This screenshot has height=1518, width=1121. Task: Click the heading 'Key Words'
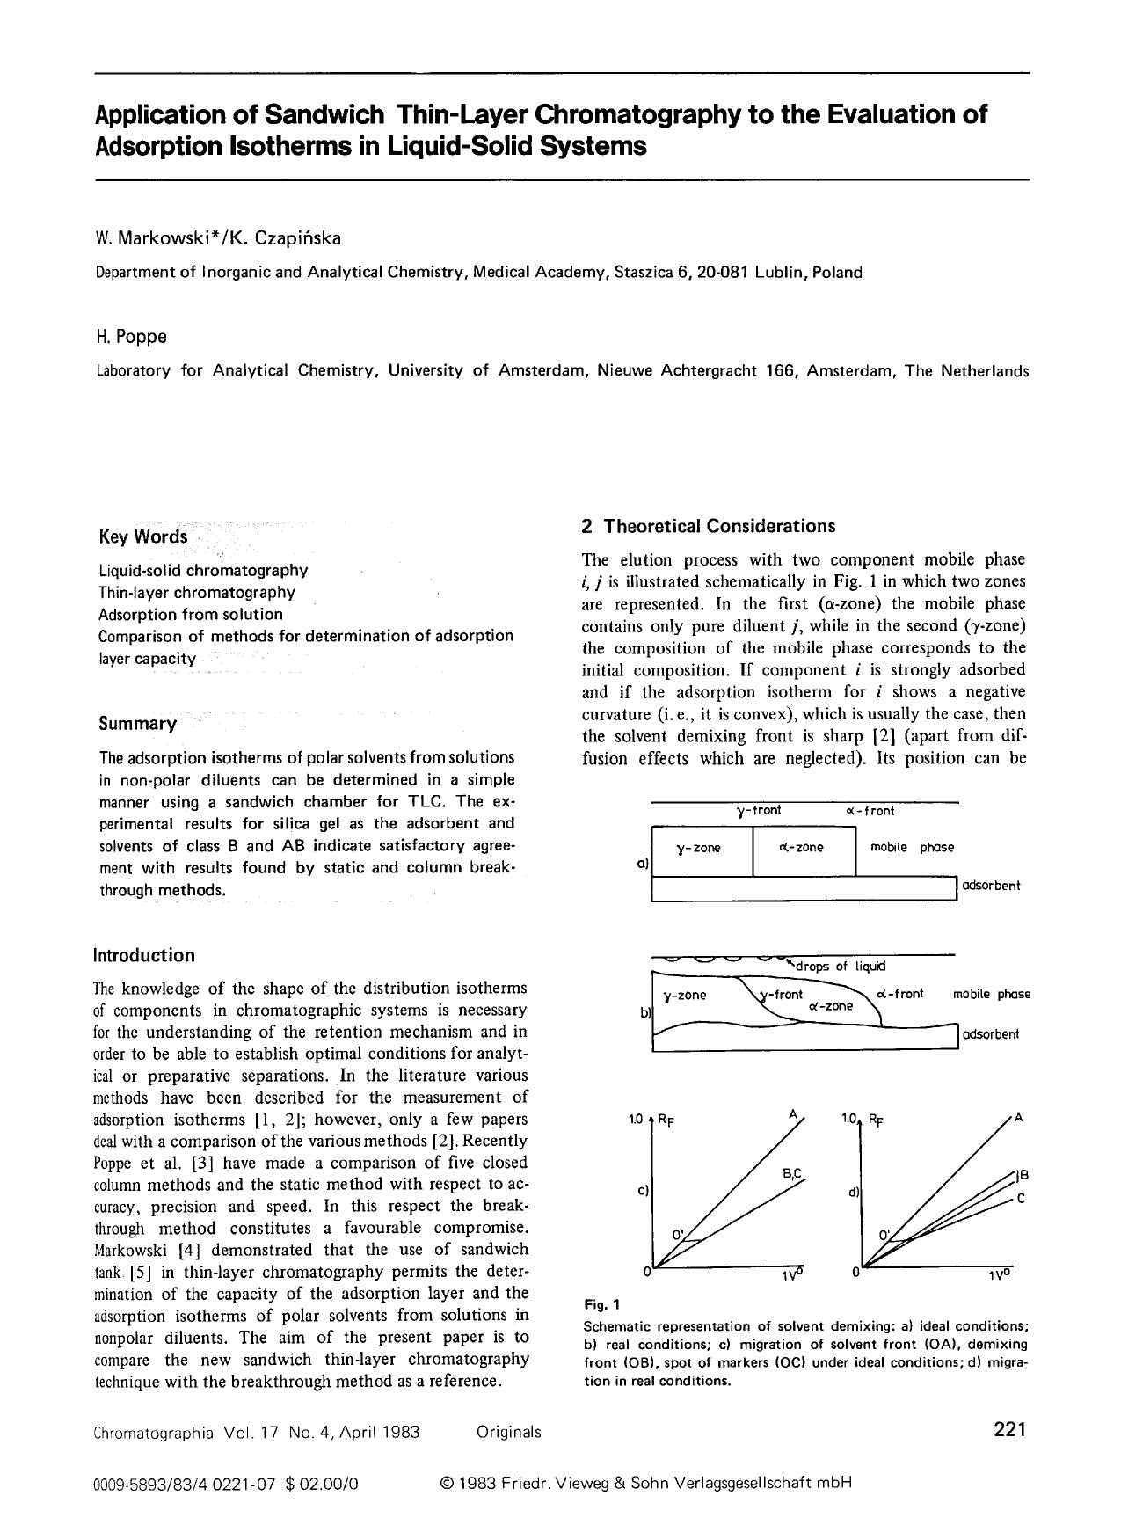tap(142, 536)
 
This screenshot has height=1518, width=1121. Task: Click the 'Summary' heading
tap(137, 724)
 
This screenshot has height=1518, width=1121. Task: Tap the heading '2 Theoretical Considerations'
tap(708, 526)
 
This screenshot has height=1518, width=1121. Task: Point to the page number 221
tap(1009, 1429)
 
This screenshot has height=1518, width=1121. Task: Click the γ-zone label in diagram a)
tap(698, 848)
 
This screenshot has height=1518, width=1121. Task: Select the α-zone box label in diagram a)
tap(801, 848)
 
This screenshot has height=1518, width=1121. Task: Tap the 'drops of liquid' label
tap(841, 967)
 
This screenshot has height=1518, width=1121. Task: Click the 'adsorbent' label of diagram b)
tap(991, 1034)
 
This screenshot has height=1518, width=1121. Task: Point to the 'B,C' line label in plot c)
tap(792, 1174)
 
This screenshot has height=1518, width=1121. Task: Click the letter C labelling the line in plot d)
tap(1020, 1198)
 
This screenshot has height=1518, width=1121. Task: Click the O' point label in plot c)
tap(678, 1234)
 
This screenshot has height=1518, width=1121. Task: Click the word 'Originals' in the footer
tap(508, 1432)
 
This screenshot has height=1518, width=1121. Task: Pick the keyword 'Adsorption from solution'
tap(190, 614)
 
